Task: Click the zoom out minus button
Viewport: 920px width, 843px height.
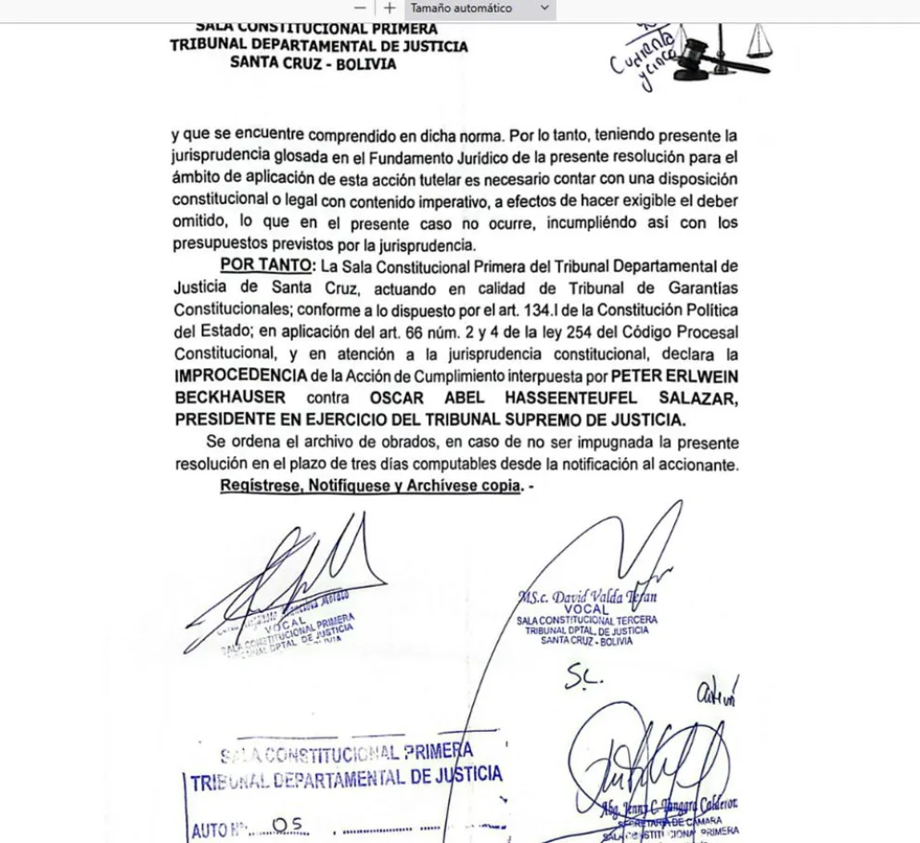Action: click(360, 8)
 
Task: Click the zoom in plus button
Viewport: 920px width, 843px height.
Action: click(390, 8)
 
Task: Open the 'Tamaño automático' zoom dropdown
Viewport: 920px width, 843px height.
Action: click(480, 8)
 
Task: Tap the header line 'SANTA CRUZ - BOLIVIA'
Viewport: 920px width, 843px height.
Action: click(313, 64)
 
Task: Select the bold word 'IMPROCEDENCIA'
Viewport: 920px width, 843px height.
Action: click(238, 375)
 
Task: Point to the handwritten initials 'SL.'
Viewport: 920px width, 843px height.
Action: click(583, 679)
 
